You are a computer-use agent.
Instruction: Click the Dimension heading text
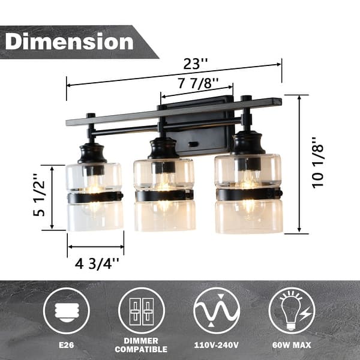click(70, 41)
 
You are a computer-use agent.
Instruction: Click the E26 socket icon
click(66, 311)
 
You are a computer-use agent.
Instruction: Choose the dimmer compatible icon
click(142, 311)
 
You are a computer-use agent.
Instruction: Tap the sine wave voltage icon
click(217, 311)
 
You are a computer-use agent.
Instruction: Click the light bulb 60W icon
click(292, 311)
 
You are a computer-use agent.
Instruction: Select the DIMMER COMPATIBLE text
click(142, 344)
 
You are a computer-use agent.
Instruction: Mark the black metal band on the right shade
click(248, 194)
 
